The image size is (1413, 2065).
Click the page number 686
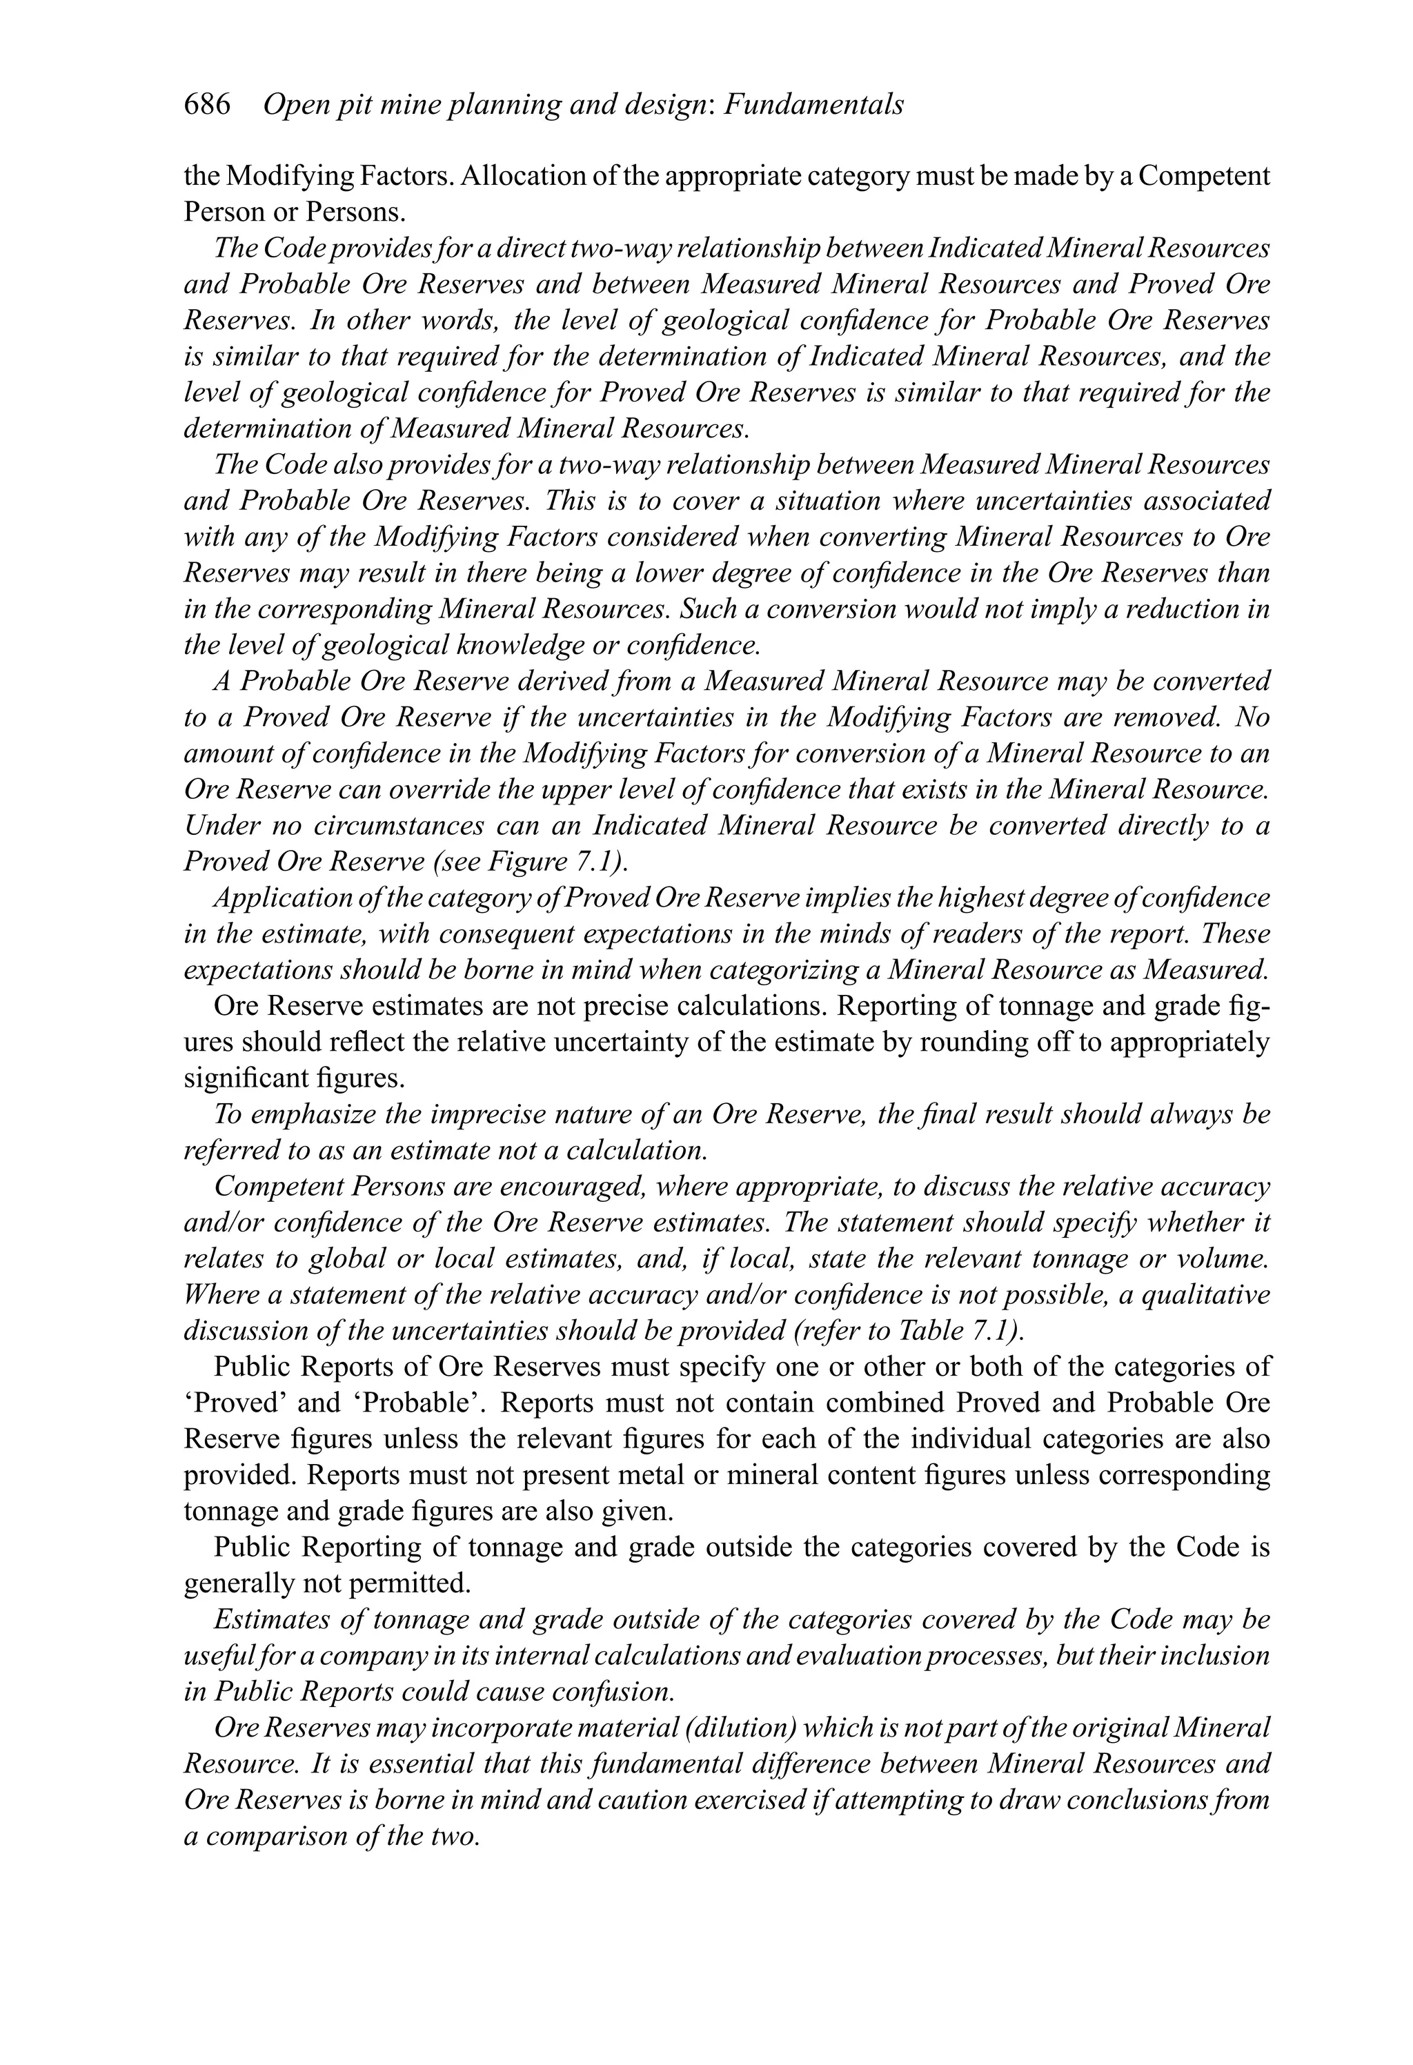206,105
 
